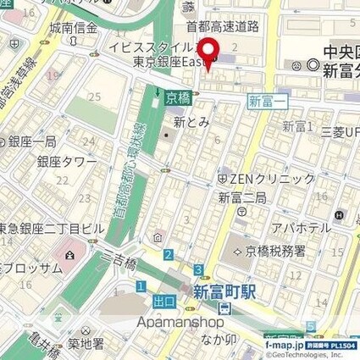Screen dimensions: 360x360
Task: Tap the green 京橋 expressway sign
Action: tap(177, 98)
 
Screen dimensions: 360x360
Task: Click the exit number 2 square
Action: tap(169, 255)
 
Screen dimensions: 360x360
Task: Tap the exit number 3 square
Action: tap(197, 270)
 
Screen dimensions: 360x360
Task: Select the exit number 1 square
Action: tap(141, 286)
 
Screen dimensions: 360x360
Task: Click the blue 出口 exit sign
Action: tap(164, 301)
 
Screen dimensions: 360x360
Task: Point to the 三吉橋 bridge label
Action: tap(119, 264)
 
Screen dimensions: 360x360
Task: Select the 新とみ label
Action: tap(191, 123)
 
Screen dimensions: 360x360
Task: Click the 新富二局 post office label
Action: tap(243, 198)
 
